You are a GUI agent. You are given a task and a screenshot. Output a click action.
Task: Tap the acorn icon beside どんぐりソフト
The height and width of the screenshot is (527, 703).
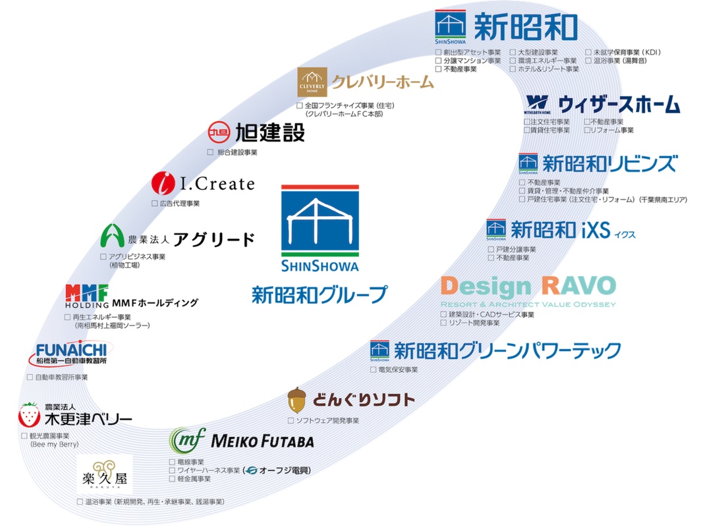tap(297, 399)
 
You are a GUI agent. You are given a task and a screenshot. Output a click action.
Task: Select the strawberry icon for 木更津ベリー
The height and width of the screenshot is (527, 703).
tap(28, 414)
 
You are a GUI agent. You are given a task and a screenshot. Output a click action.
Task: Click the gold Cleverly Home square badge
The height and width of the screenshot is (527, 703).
tap(312, 82)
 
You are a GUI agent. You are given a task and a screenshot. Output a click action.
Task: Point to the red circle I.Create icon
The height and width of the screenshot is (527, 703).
tap(161, 182)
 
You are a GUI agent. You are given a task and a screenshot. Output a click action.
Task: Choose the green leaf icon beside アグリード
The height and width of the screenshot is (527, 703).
tap(112, 236)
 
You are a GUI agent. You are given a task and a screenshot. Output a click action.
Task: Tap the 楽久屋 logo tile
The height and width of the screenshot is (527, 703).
tap(105, 474)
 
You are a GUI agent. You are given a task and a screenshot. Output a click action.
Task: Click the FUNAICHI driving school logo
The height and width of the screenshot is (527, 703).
tap(71, 354)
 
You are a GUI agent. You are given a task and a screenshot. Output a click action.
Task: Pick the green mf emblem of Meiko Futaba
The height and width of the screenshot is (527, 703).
tap(187, 439)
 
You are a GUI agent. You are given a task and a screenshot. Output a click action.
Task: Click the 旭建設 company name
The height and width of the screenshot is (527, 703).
tap(270, 132)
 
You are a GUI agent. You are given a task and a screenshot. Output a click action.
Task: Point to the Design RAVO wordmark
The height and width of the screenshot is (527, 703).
tap(528, 287)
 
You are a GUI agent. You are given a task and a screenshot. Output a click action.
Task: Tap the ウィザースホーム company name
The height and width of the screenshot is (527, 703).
tap(619, 104)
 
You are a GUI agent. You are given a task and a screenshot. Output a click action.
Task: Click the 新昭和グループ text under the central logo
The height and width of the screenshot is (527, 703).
tap(319, 294)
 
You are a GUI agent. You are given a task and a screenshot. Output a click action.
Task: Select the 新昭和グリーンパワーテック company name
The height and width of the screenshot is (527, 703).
tap(507, 350)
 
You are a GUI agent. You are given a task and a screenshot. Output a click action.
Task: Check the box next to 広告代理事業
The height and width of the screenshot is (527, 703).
tap(154, 204)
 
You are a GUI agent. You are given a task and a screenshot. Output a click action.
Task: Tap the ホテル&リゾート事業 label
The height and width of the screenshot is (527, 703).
tap(548, 69)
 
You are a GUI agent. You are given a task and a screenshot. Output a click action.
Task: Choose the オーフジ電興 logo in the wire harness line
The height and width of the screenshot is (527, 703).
tap(276, 470)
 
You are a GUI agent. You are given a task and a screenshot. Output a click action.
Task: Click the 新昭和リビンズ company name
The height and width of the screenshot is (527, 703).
tap(609, 163)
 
